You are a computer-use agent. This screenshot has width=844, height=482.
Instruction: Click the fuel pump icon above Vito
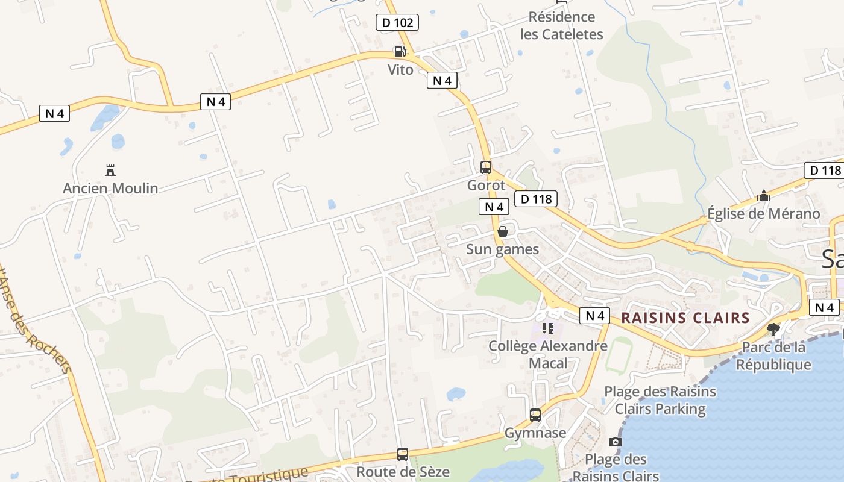pyautogui.click(x=399, y=52)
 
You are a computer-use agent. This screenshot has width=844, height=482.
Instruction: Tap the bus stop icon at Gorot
pyautogui.click(x=486, y=167)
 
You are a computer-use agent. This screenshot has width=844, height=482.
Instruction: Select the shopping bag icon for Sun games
pyautogui.click(x=503, y=231)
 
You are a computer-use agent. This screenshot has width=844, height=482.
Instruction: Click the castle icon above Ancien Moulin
pyautogui.click(x=110, y=170)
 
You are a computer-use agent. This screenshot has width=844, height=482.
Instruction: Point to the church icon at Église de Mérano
pyautogui.click(x=764, y=196)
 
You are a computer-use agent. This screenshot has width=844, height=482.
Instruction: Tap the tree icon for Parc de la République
pyautogui.click(x=773, y=329)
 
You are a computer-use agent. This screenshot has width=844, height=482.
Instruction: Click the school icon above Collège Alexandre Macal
pyautogui.click(x=548, y=328)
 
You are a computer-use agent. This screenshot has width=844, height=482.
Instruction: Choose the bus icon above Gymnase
pyautogui.click(x=535, y=415)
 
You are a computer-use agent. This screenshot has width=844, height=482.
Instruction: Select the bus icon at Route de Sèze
pyautogui.click(x=403, y=454)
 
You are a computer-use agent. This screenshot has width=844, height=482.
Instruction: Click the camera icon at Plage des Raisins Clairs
pyautogui.click(x=616, y=442)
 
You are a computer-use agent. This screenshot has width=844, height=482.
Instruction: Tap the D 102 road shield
pyautogui.click(x=397, y=23)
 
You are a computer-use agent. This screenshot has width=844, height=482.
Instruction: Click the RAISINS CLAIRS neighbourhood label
pyautogui.click(x=685, y=318)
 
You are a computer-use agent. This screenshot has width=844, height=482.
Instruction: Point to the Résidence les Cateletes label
pyautogui.click(x=561, y=25)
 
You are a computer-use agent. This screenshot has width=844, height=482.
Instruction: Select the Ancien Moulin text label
pyautogui.click(x=110, y=189)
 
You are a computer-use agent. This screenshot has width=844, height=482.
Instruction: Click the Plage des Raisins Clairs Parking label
pyautogui.click(x=660, y=400)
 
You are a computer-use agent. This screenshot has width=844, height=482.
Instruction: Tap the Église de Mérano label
pyautogui.click(x=764, y=214)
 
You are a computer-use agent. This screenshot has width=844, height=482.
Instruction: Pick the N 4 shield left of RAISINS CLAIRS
pyautogui.click(x=594, y=315)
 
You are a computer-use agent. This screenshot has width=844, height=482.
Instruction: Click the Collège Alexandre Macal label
pyautogui.click(x=548, y=354)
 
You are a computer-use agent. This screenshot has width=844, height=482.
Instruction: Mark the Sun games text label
pyautogui.click(x=503, y=249)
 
